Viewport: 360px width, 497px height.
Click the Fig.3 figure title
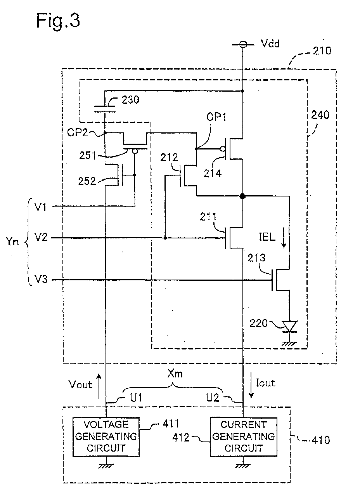58,21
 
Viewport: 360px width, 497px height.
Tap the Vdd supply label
270,43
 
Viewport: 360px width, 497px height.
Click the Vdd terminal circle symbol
243,45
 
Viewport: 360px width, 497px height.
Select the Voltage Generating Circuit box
106,437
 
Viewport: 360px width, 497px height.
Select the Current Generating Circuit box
243,437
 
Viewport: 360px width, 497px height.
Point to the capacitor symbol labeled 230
105,109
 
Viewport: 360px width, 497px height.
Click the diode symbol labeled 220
289,327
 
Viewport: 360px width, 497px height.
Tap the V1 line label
41,207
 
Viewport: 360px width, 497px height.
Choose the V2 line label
41,237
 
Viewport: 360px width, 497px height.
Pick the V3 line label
41,279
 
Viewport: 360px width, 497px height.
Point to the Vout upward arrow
99,386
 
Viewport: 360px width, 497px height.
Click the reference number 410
321,440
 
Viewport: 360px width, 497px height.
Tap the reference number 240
320,115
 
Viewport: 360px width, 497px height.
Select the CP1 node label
216,117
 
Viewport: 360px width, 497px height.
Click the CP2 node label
77,132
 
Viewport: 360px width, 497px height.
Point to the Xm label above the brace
175,374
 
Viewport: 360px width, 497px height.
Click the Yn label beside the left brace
12,241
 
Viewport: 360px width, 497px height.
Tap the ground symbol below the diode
289,344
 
